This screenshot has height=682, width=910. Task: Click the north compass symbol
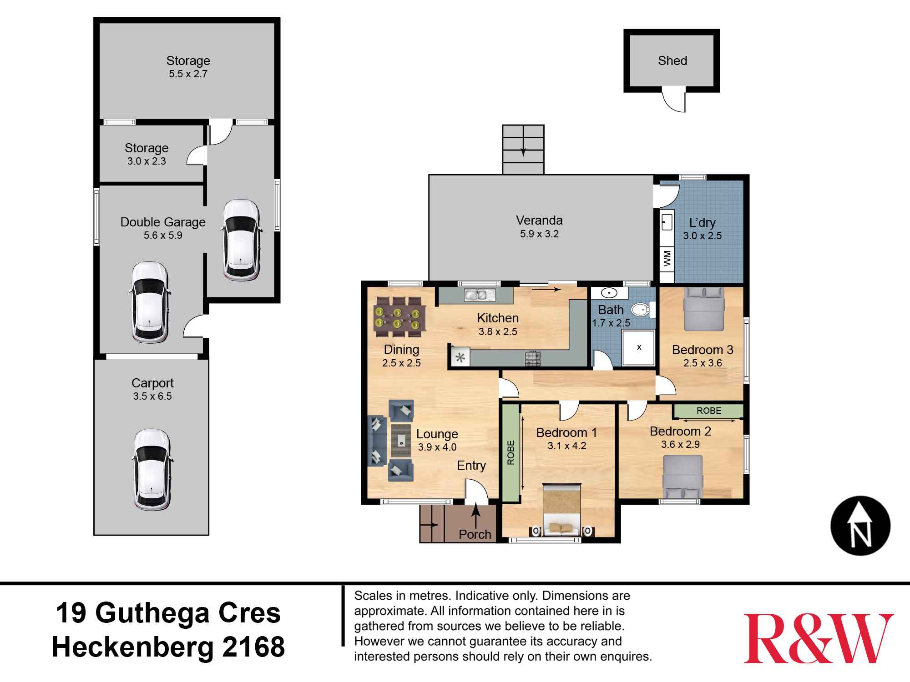(860, 526)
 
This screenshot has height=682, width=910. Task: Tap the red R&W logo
(818, 638)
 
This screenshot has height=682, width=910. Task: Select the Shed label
(672, 60)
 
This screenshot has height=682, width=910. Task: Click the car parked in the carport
(152, 469)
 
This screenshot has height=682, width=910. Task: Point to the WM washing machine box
(667, 259)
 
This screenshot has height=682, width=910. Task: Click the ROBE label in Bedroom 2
(708, 411)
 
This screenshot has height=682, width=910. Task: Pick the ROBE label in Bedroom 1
(511, 452)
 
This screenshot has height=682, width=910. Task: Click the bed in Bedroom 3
(704, 309)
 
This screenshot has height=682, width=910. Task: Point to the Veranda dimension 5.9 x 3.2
(539, 234)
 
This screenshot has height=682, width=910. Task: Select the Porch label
(475, 534)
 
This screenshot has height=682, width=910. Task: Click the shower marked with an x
(639, 347)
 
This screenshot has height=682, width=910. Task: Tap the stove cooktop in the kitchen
(532, 359)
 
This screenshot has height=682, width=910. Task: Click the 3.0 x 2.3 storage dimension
(147, 161)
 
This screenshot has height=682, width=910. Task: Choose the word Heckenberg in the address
(132, 647)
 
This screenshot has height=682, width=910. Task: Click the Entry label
(471, 466)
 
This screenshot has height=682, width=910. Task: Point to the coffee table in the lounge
(401, 440)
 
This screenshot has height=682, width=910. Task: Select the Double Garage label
(163, 222)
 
